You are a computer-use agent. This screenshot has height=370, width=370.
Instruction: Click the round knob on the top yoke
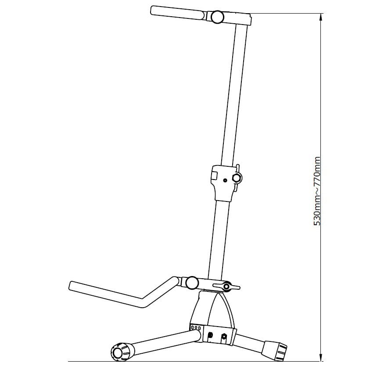pyautogui.click(x=217, y=17)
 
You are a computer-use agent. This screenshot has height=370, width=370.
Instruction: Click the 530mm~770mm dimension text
pyautogui.click(x=316, y=191)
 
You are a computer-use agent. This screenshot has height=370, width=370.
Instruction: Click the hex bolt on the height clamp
pyautogui.click(x=237, y=178)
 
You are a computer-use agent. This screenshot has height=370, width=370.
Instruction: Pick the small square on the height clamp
pyautogui.click(x=215, y=175)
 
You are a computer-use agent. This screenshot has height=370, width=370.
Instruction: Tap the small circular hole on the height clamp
pyautogui.click(x=225, y=180)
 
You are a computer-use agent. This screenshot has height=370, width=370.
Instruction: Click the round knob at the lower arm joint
pyautogui.click(x=192, y=283)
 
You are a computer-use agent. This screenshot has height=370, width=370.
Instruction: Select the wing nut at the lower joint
pyautogui.click(x=226, y=286)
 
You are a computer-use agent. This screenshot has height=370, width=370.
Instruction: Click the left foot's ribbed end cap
pyautogui.click(x=120, y=352)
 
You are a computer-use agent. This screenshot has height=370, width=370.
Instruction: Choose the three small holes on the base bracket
pyautogui.click(x=196, y=327)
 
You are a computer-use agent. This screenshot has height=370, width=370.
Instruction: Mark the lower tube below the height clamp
pyautogui.click(x=219, y=238)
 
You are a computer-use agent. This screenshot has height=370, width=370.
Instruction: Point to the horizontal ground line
pyautogui.click(x=195, y=361)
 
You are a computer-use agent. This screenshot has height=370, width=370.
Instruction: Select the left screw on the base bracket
pyautogui.click(x=210, y=335)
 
